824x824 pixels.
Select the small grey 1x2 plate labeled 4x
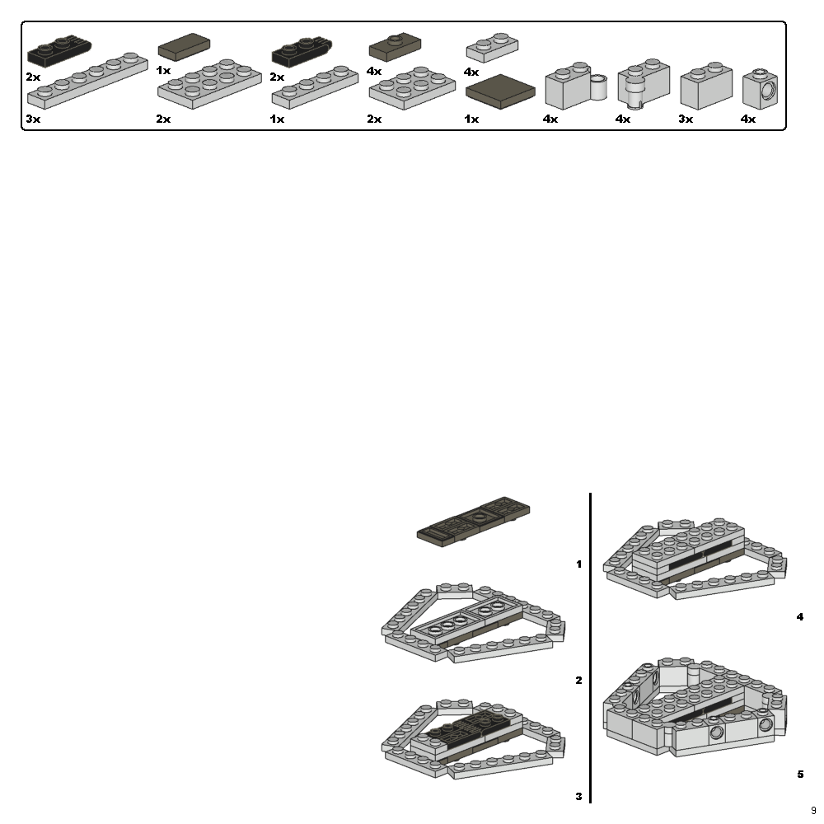pos(491,47)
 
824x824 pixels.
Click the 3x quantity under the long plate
pos(32,119)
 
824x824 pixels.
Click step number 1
pos(578,564)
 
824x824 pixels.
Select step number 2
pos(578,681)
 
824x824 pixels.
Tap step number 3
pos(578,796)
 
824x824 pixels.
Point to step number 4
pos(800,616)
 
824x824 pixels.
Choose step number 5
pos(800,774)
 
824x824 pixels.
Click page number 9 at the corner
pos(813,811)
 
